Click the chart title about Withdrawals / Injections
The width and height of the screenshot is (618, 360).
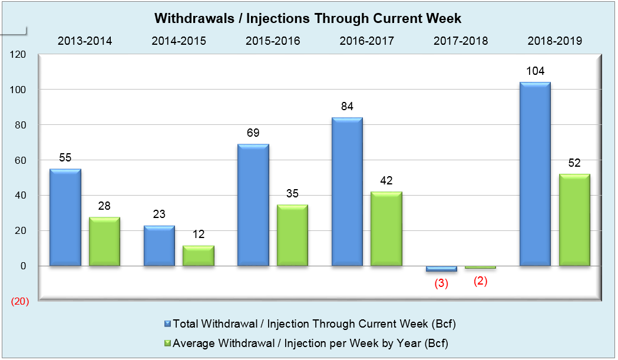(x=308, y=18)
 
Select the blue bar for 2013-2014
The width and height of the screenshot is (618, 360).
(x=65, y=217)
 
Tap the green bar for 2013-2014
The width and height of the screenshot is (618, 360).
(x=104, y=242)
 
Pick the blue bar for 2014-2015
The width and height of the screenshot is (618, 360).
(x=160, y=246)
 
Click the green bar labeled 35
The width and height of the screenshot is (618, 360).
(x=292, y=235)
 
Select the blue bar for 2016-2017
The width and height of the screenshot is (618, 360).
(x=347, y=192)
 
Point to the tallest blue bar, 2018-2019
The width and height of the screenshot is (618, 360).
(x=535, y=174)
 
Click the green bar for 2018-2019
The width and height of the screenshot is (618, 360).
(x=574, y=220)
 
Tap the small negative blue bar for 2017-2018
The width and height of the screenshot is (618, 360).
(x=441, y=269)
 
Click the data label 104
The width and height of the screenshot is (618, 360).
(x=535, y=71)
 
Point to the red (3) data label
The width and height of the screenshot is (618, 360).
(x=441, y=283)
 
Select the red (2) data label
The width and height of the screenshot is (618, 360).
(x=481, y=281)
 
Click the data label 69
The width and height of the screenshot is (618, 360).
(x=253, y=133)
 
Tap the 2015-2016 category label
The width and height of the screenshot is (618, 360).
(x=273, y=41)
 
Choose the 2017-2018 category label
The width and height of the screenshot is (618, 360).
(x=461, y=41)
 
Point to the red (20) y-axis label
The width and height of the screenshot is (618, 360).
(x=19, y=302)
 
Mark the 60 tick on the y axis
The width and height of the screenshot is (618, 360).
(x=21, y=160)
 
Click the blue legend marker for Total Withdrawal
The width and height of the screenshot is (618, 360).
(x=167, y=323)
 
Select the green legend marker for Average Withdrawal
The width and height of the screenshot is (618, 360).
(x=167, y=343)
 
